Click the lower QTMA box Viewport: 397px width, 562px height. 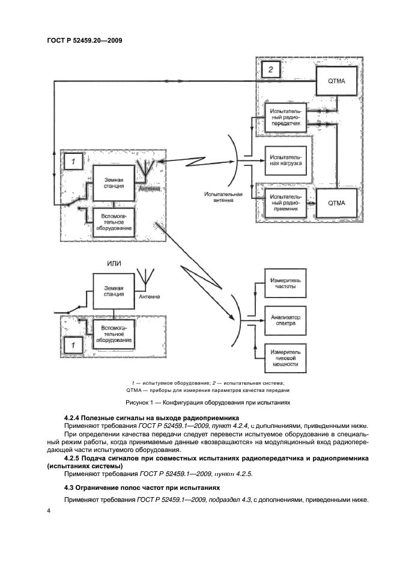coord(337,203)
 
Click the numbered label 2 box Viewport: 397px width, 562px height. coord(271,70)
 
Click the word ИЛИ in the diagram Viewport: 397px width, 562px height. coord(114,264)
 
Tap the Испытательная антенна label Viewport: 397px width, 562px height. coord(223,198)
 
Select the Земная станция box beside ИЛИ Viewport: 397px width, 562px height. coord(113,290)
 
